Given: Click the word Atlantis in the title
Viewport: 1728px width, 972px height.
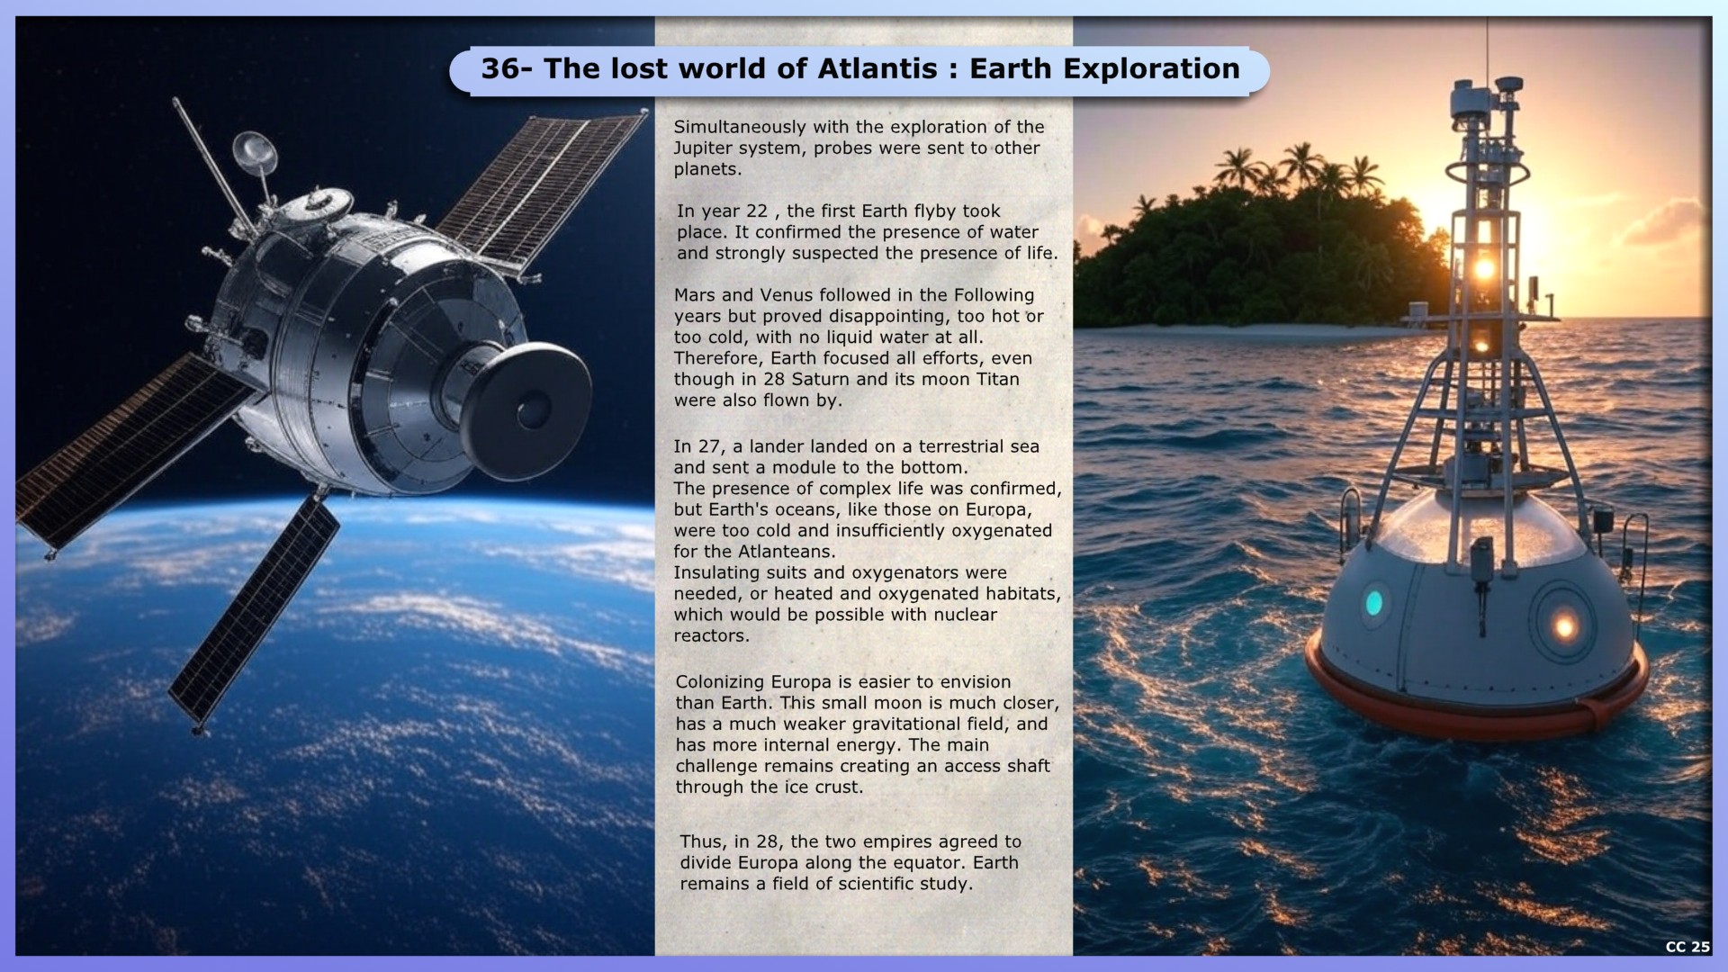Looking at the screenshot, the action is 878,68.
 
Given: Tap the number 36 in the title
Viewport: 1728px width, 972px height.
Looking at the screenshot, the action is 499,68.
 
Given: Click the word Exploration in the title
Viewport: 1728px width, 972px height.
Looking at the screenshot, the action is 1150,68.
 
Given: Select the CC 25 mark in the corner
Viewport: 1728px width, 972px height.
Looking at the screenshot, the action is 1687,946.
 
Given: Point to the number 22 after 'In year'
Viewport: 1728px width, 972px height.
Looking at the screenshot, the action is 757,211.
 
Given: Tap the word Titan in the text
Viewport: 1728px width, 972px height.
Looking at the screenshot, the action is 997,379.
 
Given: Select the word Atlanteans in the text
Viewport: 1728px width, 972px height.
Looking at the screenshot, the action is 786,551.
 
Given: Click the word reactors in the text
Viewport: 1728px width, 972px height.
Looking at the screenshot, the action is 711,635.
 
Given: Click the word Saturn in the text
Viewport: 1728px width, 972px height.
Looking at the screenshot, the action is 821,379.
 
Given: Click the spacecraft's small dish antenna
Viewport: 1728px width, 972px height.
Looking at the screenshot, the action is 255,151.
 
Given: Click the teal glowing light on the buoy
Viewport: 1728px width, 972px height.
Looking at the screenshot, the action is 1373,603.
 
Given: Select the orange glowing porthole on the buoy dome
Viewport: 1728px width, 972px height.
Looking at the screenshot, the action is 1563,624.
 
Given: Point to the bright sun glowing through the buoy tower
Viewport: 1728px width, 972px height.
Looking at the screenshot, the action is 1484,268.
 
